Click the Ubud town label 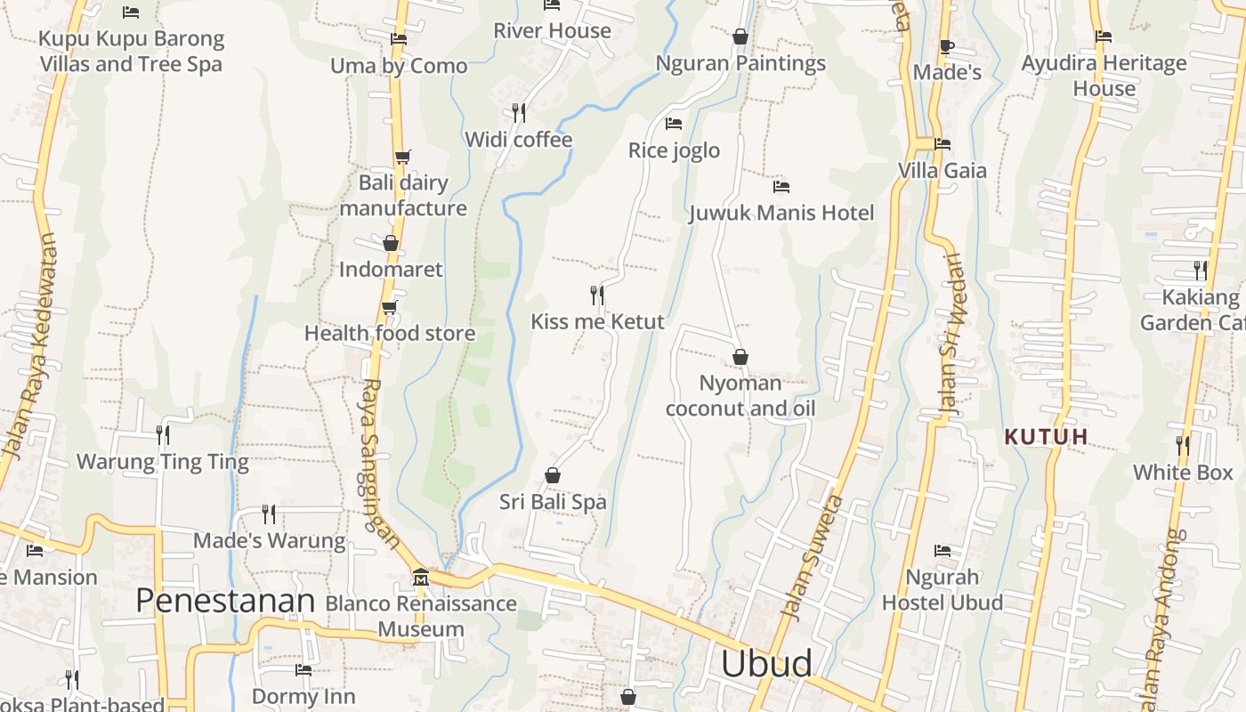[x=766, y=664]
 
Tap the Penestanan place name [x=225, y=602]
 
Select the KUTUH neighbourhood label [x=1047, y=437]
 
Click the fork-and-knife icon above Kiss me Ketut [x=597, y=295]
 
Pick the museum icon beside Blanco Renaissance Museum [x=420, y=578]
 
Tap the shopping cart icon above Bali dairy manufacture [x=402, y=158]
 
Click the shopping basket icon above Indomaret [x=390, y=243]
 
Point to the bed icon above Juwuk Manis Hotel [x=781, y=187]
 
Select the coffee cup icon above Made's [x=946, y=46]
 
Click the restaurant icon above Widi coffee [x=519, y=113]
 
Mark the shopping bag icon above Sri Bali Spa [x=553, y=475]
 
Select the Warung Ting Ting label [x=163, y=462]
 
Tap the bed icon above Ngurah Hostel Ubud [x=943, y=551]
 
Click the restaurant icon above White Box [x=1183, y=445]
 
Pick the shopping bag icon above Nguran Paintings [x=740, y=37]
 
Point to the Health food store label [x=390, y=334]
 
